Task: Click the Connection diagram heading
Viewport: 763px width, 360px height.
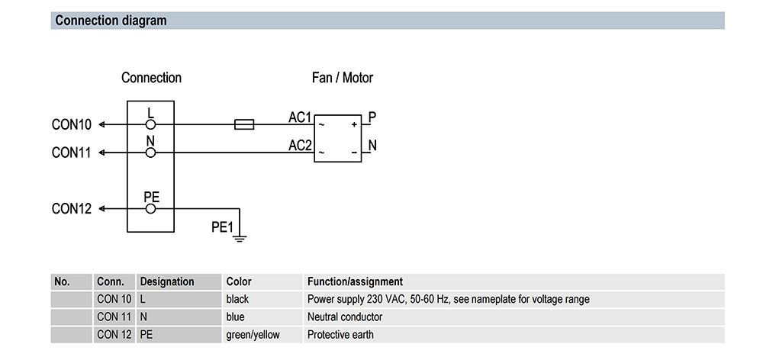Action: click(x=111, y=21)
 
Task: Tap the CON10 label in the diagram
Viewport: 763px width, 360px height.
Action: click(x=72, y=124)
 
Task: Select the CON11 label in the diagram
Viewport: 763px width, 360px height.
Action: click(x=72, y=153)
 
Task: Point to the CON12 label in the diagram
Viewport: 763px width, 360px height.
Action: click(x=72, y=208)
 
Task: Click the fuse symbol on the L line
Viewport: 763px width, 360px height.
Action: click(x=243, y=124)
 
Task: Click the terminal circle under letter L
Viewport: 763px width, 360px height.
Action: click(x=151, y=124)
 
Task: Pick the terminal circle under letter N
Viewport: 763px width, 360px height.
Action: click(x=151, y=153)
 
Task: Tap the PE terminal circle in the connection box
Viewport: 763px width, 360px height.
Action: click(x=151, y=208)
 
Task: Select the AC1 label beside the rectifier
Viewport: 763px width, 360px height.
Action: click(x=300, y=117)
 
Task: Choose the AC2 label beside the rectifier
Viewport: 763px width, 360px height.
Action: click(x=300, y=146)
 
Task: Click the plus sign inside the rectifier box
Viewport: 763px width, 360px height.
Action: click(x=354, y=124)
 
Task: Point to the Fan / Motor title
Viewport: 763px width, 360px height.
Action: click(x=343, y=78)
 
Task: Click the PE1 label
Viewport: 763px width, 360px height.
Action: click(x=222, y=227)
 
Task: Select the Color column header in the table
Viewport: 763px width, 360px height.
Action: click(x=239, y=281)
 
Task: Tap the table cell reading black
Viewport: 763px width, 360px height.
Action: click(x=237, y=299)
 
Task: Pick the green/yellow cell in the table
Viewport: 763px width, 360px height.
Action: click(x=253, y=334)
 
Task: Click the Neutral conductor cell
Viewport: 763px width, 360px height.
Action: click(x=345, y=317)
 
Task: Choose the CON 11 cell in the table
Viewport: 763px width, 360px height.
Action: click(x=114, y=317)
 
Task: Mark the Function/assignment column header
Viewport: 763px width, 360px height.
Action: click(x=355, y=281)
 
